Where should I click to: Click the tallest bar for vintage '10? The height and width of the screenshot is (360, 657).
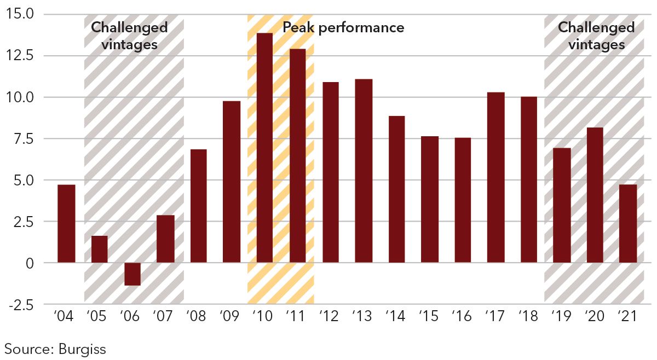point(264,148)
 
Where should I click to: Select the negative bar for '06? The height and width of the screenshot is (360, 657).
point(132,274)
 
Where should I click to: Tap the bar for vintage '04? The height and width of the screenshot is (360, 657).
point(66,224)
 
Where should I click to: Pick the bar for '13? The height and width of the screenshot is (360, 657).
point(364,171)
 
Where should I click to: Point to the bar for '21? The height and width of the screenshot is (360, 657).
point(628,224)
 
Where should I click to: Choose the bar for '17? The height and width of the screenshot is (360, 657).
point(495,177)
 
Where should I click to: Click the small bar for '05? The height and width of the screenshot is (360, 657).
point(99,249)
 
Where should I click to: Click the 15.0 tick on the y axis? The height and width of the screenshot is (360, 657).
point(20,14)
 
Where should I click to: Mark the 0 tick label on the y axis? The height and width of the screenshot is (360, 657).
point(29,263)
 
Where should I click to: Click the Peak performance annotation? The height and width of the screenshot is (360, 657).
point(343,27)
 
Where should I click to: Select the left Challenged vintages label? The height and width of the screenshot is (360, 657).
point(129,36)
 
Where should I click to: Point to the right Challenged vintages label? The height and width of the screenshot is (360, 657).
point(596,36)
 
